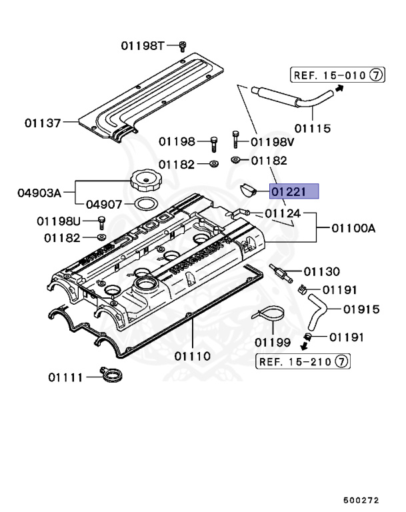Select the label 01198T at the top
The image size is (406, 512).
coord(142,45)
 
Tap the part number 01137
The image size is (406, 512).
coord(43,123)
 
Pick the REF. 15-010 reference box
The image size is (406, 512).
coord(337,75)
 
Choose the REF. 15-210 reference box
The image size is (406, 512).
coord(303,361)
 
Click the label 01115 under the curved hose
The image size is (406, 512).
coord(312,127)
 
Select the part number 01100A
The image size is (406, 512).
coord(351,228)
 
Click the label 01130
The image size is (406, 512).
coord(321,271)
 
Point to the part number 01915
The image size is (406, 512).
coord(361,309)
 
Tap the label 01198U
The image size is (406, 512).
coord(58,221)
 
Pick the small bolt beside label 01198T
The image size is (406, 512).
coord(182,45)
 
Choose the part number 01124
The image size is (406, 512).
coord(283,213)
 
